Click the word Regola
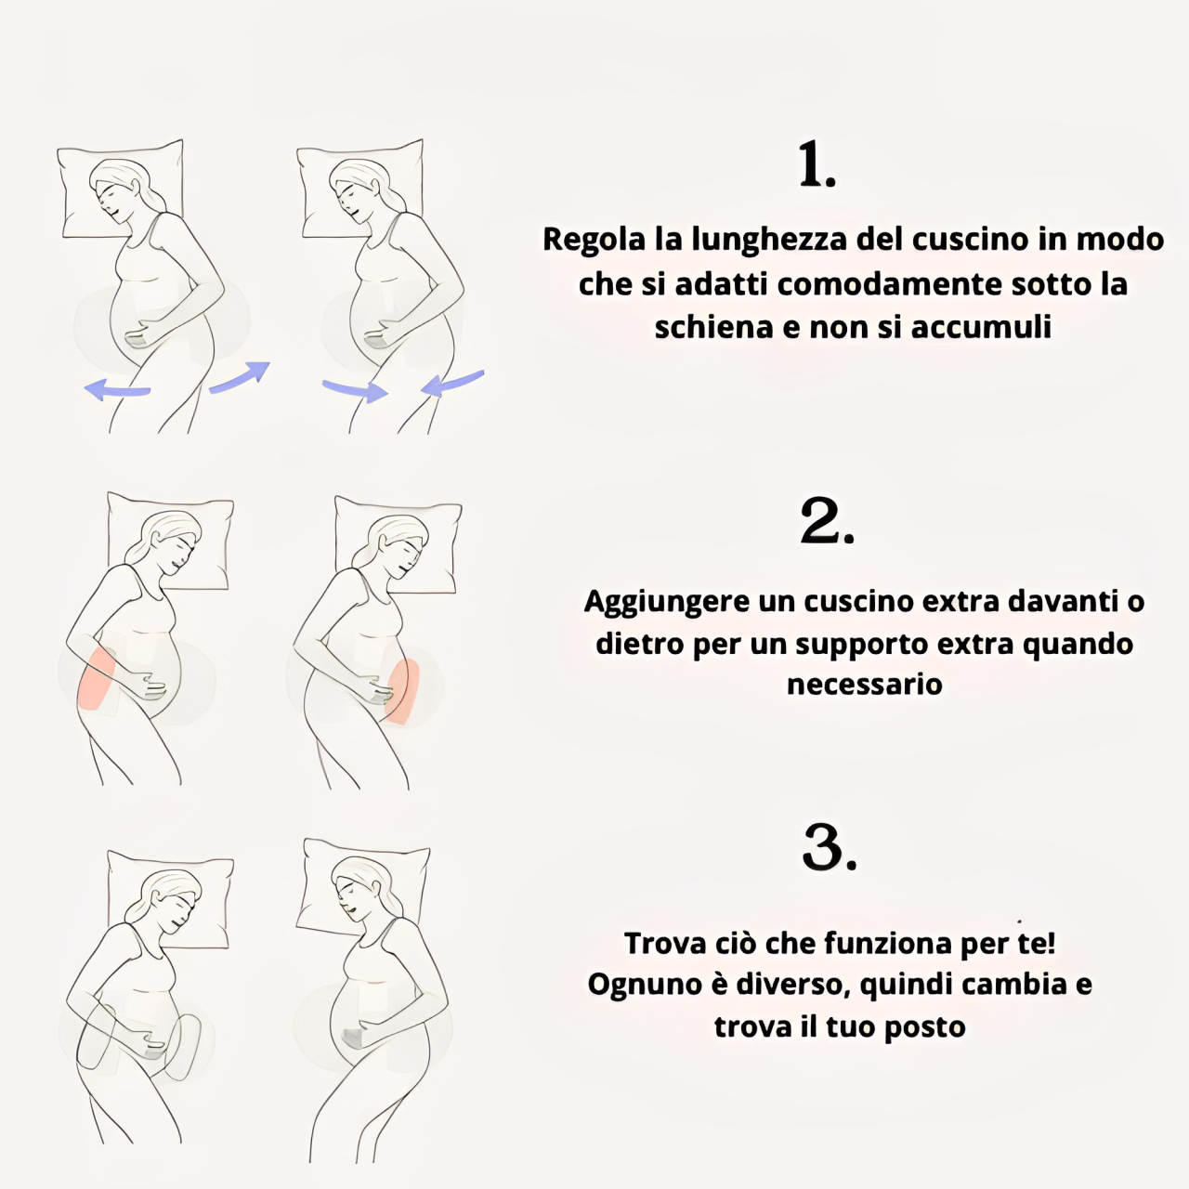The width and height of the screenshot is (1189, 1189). [594, 240]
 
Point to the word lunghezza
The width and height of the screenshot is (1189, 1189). [769, 240]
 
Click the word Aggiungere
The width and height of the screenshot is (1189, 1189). [667, 602]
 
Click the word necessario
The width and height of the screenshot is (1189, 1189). [864, 685]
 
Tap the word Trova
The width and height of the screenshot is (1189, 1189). [664, 944]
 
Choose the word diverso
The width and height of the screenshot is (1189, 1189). [791, 985]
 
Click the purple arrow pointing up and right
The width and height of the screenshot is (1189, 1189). [240, 376]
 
